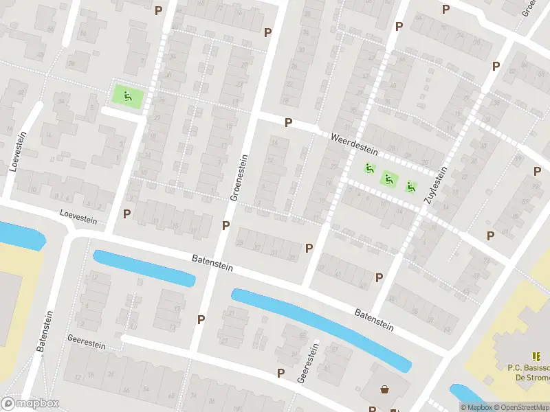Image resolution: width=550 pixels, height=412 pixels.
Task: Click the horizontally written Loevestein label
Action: pos(78,217)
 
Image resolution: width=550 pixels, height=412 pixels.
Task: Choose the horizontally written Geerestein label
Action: pos(86,341)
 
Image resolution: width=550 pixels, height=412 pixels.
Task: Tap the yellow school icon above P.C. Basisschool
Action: pos(536,356)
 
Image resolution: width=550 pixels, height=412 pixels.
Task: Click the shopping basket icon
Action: pos(384,389)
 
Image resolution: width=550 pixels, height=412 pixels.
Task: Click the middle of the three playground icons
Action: pos(389,179)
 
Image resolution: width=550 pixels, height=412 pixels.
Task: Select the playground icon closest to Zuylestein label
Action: pos(410,185)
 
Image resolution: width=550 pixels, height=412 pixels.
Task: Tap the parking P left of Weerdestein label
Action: pos(289,122)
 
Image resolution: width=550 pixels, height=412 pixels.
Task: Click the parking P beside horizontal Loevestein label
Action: pos(126,214)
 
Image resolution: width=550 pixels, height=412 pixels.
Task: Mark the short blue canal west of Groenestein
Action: pos(144,268)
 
